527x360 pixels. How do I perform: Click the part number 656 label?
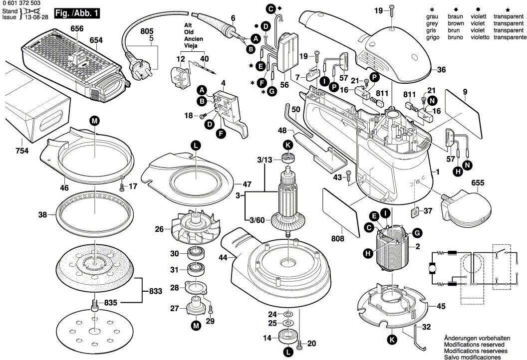tap(77, 29)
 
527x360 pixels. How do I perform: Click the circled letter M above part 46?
tap(95, 120)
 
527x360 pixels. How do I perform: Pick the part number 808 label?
tap(337, 239)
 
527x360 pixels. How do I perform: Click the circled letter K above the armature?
tap(287, 145)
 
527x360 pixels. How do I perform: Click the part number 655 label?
tap(478, 183)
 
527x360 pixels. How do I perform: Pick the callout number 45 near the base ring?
tap(441, 306)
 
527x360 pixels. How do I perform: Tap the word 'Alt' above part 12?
tap(188, 24)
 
